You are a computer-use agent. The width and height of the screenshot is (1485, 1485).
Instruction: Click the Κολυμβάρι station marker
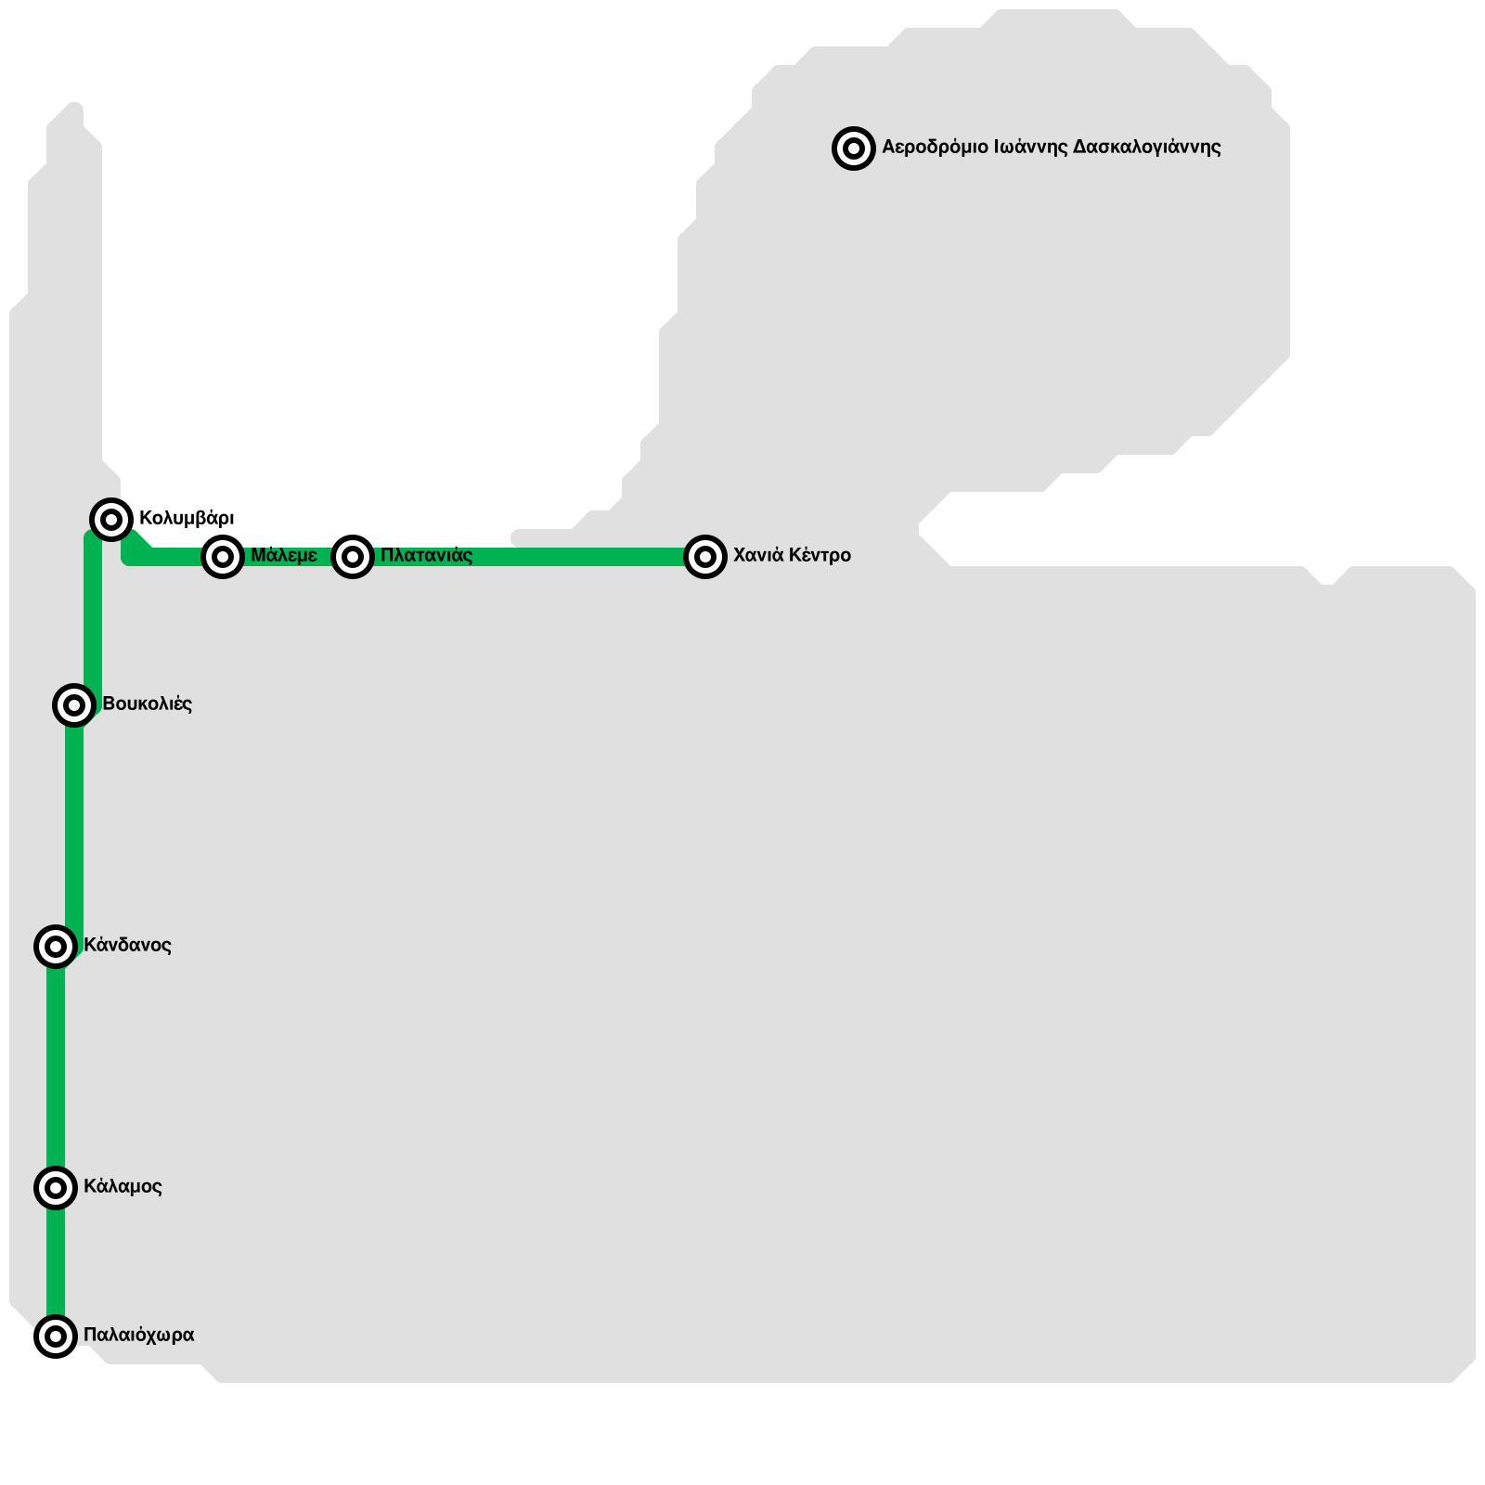[111, 519]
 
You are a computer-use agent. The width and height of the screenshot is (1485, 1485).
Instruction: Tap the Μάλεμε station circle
[223, 557]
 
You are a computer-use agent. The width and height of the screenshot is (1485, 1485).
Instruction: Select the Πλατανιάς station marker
[353, 557]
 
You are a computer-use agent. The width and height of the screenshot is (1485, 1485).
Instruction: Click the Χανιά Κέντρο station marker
[705, 557]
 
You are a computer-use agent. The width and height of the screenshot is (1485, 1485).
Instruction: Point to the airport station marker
[854, 148]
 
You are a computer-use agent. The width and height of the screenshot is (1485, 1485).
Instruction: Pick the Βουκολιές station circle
[74, 705]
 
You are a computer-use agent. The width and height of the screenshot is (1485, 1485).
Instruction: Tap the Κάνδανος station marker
[56, 947]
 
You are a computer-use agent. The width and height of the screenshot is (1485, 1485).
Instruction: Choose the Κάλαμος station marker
[56, 1188]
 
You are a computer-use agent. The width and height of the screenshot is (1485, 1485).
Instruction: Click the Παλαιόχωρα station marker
[56, 1336]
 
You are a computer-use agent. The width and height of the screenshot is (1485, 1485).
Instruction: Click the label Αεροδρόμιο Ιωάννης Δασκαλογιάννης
[1051, 148]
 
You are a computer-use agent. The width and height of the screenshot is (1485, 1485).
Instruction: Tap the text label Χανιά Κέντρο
[792, 556]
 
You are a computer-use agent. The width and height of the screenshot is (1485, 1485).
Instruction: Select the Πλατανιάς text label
[426, 556]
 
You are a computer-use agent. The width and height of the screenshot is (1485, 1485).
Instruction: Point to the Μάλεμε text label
[284, 556]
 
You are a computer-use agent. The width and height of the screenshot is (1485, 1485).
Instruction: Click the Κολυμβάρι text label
[187, 518]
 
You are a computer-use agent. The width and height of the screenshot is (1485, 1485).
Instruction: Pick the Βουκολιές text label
[147, 704]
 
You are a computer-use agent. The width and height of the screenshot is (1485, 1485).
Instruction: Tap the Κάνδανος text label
[127, 946]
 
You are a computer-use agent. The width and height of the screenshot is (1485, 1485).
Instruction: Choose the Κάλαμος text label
[123, 1187]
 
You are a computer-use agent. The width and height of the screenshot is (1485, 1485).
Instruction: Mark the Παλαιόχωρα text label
[138, 1336]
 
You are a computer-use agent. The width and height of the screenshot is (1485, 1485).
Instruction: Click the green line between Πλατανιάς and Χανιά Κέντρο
[529, 557]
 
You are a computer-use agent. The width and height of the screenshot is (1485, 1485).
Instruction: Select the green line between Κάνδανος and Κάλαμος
[56, 1067]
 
